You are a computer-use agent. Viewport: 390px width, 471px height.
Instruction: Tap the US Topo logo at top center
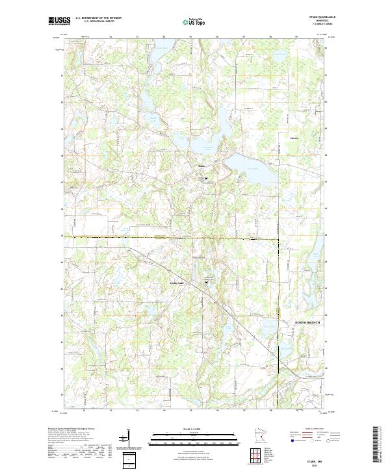[x=194, y=20]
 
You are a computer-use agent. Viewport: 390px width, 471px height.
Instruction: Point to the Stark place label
[x=201, y=166]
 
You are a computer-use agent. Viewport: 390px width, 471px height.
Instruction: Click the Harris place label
[x=294, y=137]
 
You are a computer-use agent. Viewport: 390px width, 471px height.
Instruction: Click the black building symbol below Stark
[x=207, y=178]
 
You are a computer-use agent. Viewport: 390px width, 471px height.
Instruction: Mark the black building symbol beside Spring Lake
[x=207, y=281]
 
